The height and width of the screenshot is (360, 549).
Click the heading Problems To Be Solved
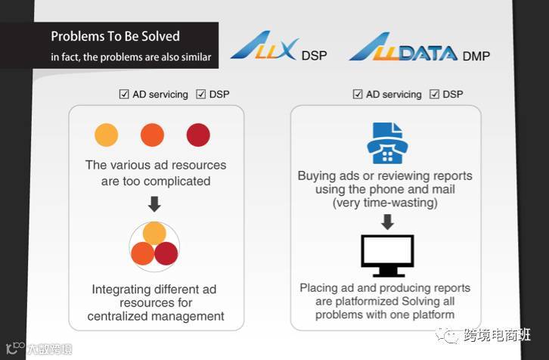click(115, 36)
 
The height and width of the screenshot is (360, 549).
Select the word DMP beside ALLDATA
click(476, 55)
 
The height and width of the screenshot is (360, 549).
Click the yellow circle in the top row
click(106, 135)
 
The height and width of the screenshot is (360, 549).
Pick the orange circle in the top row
click(152, 135)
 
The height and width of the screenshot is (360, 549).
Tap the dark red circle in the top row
click(198, 135)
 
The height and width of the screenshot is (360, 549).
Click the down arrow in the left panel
click(154, 204)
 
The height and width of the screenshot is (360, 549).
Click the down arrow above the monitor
click(386, 222)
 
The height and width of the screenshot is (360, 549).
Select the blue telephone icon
click(386, 144)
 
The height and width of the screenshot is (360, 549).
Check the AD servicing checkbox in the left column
click(124, 95)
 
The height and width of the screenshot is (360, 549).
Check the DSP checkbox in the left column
click(201, 95)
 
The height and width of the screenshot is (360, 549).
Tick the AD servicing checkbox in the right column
click(358, 95)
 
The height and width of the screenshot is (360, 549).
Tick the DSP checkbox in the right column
click(434, 95)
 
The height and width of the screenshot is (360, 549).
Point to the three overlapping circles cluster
click(154, 244)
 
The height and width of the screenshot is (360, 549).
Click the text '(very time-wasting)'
click(385, 203)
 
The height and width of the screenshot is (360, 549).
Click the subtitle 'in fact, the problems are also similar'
click(131, 57)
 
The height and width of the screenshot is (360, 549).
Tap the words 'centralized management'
click(156, 316)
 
